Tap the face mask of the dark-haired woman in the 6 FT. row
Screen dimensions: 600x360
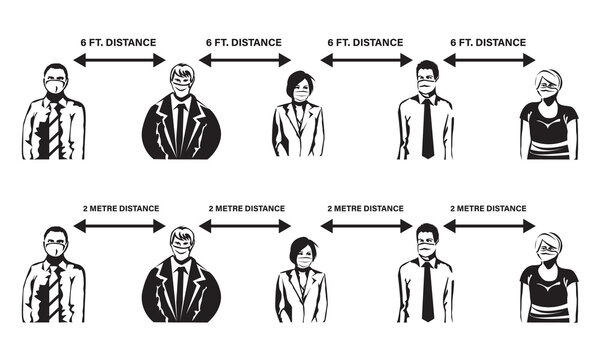point(300,96)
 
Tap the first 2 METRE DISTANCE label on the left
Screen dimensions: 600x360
point(121,208)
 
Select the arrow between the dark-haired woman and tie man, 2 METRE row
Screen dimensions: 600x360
point(364,227)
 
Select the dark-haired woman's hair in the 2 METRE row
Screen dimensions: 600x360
point(300,245)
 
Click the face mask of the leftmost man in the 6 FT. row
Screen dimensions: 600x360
point(54,93)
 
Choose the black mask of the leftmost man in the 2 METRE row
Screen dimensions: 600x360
point(54,259)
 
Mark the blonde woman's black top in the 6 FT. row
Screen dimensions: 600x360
point(549,125)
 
